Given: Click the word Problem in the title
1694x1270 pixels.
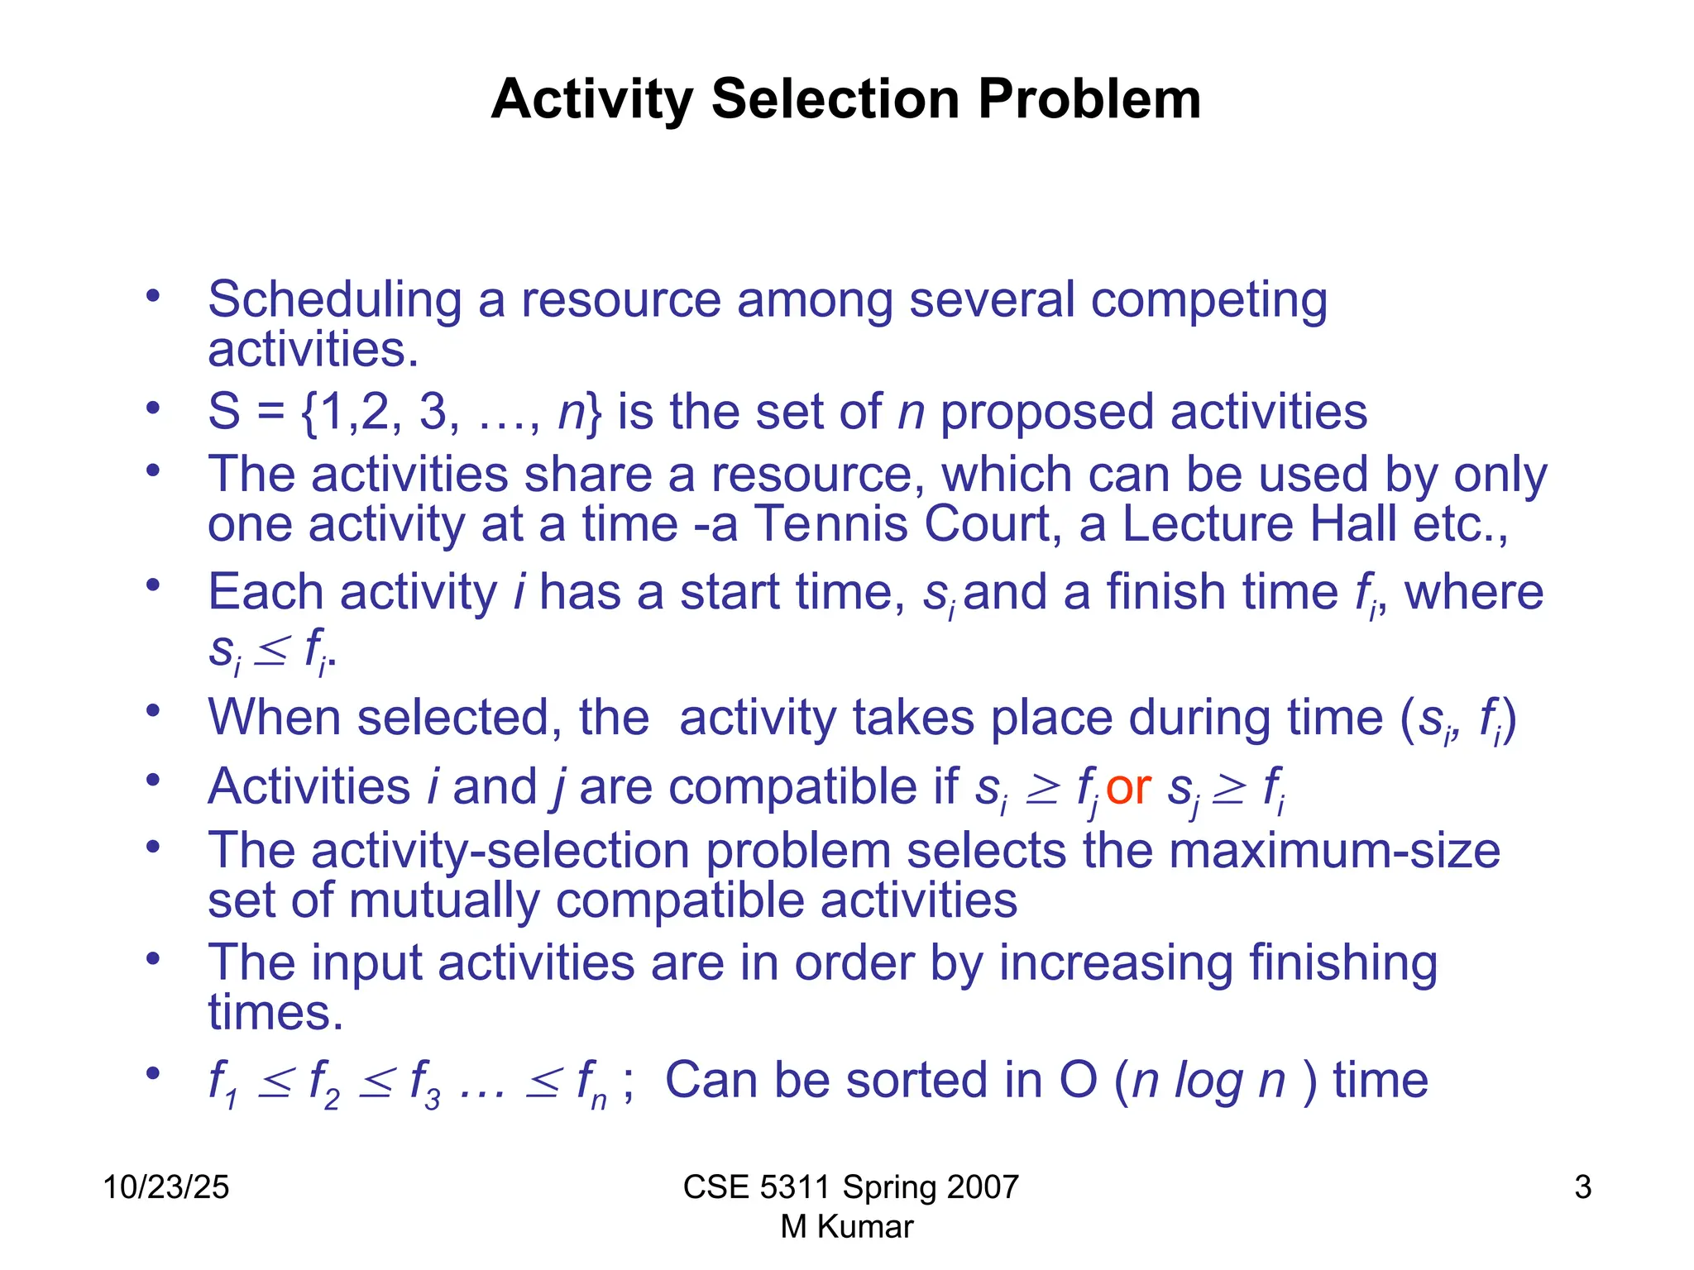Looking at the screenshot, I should [x=1089, y=99].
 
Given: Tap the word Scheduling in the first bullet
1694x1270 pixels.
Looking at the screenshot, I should [x=334, y=299].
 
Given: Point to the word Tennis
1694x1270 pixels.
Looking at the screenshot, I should [x=830, y=524].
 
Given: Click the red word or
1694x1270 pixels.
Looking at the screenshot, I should [x=1128, y=786].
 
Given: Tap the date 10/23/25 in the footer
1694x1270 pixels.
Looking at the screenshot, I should [x=165, y=1187].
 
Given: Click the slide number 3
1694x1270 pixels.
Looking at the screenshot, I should [x=1582, y=1187].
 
